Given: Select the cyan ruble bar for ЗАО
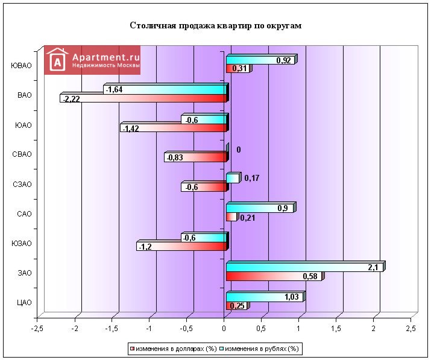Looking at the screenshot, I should [x=304, y=267].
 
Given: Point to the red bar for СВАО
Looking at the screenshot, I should [x=196, y=157].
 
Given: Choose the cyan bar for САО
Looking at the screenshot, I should [x=260, y=208].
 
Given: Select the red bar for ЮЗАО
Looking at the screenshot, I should [x=181, y=246].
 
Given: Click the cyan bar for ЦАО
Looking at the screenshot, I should [x=265, y=297].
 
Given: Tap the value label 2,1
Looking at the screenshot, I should [x=373, y=267].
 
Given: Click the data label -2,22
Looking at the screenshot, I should [x=72, y=98].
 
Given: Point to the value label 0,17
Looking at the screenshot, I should [x=251, y=178].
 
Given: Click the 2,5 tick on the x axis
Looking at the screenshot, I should [x=410, y=329].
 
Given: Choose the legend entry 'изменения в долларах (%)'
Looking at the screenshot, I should [x=175, y=349].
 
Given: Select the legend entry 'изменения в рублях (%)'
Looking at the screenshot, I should [x=261, y=349].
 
